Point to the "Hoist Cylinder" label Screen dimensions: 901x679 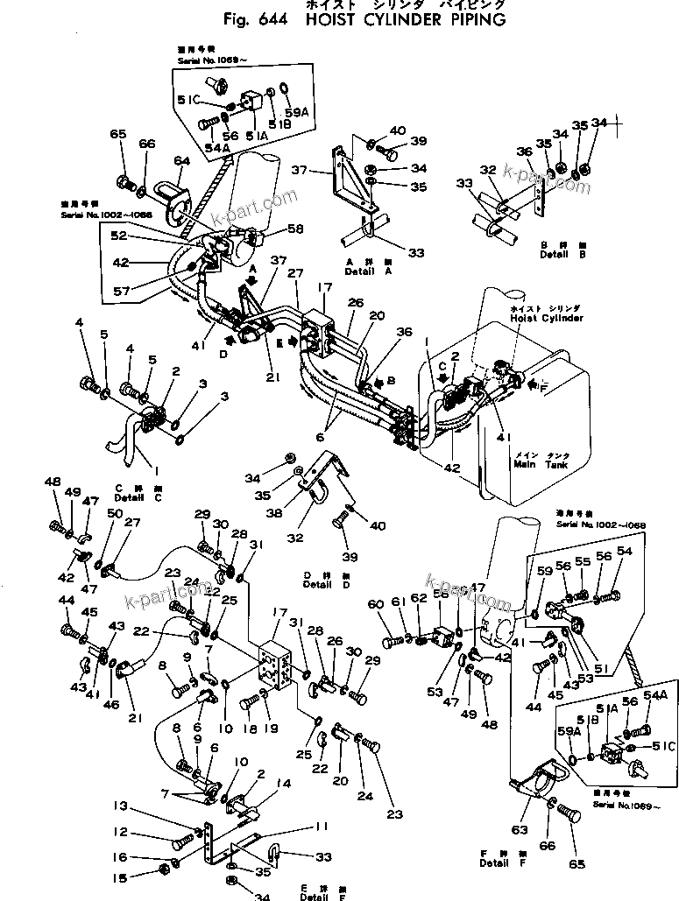click(546, 319)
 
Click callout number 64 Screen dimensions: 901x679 click(181, 160)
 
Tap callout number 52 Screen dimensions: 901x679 click(118, 236)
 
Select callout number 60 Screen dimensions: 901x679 click(376, 604)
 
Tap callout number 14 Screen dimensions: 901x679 click(259, 782)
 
